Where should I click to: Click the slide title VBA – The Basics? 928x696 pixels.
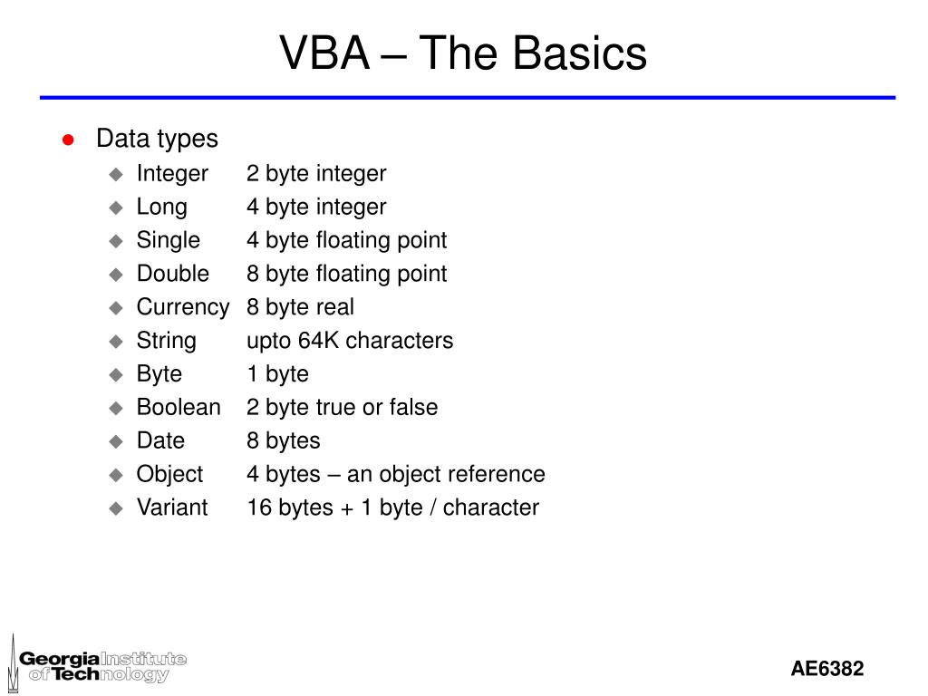click(x=463, y=53)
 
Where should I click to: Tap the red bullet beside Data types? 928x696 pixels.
click(x=67, y=140)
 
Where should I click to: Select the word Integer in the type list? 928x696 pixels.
click(x=172, y=173)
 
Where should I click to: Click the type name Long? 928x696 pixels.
click(x=161, y=207)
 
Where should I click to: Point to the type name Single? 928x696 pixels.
click(x=168, y=240)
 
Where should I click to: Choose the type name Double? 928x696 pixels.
click(x=172, y=274)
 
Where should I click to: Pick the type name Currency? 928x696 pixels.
click(x=182, y=307)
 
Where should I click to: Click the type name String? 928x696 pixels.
click(x=166, y=341)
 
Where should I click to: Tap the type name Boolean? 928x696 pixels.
click(x=179, y=408)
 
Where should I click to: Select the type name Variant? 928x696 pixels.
click(x=172, y=507)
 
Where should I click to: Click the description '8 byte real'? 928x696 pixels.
click(x=300, y=307)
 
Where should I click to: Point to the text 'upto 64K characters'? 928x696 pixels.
click(x=350, y=341)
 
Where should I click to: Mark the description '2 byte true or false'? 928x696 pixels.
click(x=342, y=408)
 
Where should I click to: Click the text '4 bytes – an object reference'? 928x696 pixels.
click(x=395, y=474)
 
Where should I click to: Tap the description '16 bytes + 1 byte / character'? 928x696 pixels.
click(x=392, y=507)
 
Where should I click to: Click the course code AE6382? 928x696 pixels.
click(x=826, y=669)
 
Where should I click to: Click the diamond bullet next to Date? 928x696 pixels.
click(x=115, y=441)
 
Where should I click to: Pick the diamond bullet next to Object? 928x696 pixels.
click(x=115, y=475)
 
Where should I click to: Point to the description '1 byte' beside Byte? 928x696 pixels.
click(x=277, y=374)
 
